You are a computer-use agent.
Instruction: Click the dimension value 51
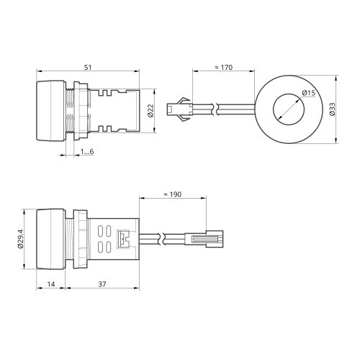point(88,67)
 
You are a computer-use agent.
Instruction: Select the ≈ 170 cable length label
point(223,67)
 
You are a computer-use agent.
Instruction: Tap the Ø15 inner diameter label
point(309,93)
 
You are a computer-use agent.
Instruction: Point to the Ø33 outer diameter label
point(332,109)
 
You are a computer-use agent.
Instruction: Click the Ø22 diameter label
point(150,111)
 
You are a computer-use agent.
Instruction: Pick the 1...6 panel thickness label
point(87,152)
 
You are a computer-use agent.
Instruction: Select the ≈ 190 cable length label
point(173,194)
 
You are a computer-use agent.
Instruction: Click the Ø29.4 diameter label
point(20,239)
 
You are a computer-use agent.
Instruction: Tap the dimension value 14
point(51,284)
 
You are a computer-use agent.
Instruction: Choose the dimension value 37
point(102,284)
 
